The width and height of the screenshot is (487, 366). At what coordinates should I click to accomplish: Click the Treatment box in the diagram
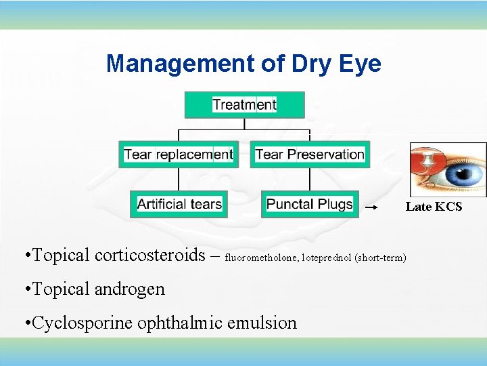pyautogui.click(x=244, y=105)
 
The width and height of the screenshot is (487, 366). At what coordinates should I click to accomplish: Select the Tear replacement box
pyautogui.click(x=178, y=155)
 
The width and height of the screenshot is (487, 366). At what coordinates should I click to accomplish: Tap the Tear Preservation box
pyautogui.click(x=310, y=155)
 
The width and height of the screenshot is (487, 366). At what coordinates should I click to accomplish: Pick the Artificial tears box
pyautogui.click(x=179, y=204)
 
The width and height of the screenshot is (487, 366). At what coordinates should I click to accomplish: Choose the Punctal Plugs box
pyautogui.click(x=310, y=204)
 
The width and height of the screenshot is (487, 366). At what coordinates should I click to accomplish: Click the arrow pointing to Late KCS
pyautogui.click(x=371, y=206)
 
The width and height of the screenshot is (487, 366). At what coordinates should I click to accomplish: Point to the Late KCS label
pyautogui.click(x=434, y=207)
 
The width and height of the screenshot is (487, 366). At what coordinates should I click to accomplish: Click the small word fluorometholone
pyautogui.click(x=262, y=258)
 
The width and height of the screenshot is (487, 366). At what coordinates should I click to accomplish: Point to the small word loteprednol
pyautogui.click(x=327, y=258)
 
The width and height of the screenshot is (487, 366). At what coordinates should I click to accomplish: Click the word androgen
pyautogui.click(x=131, y=289)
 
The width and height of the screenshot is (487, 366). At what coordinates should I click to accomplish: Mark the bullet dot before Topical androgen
pyautogui.click(x=25, y=289)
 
